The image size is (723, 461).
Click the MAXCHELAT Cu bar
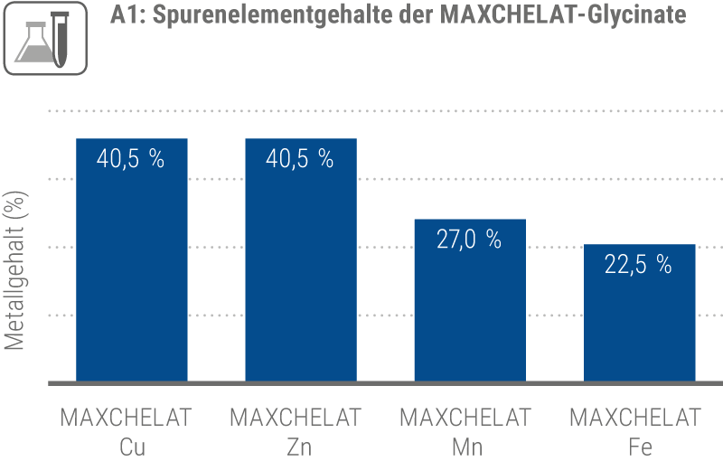coord(132,271)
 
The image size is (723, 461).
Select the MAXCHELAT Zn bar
coord(301,271)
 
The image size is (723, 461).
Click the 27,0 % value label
coord(468,240)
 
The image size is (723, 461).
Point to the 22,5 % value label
coord(638,265)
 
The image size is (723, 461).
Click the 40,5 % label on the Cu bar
coord(131,159)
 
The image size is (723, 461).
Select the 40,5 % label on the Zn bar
coord(300,159)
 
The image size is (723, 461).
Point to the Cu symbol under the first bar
coord(132,447)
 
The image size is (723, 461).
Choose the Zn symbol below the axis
coord(301,447)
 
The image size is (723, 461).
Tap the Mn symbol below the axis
coord(470,447)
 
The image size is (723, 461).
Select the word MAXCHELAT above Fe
coord(639,419)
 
